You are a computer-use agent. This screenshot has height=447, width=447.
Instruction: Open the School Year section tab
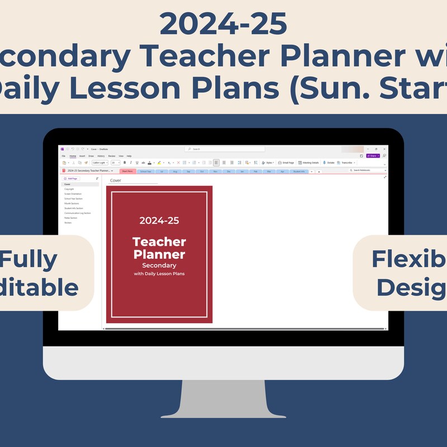pyautogui.click(x=146, y=171)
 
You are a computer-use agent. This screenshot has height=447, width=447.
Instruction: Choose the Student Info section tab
pyautogui.click(x=299, y=171)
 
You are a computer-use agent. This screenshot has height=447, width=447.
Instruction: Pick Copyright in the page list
pyautogui.click(x=69, y=189)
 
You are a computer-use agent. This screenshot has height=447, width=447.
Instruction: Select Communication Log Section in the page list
pyautogui.click(x=77, y=213)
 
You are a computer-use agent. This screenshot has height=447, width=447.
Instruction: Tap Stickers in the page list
pyautogui.click(x=68, y=222)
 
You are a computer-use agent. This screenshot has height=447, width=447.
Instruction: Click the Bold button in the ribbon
pyautogui.click(x=124, y=163)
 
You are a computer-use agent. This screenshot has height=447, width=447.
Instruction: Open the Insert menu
pyautogui.click(x=82, y=156)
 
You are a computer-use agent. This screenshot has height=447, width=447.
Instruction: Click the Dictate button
pyautogui.click(x=329, y=163)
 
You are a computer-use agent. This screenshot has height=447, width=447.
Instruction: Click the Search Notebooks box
pyautogui.click(x=366, y=170)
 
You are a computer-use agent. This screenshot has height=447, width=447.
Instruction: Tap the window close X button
pyautogui.click(x=383, y=149)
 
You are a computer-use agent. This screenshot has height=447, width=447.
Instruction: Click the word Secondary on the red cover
pyautogui.click(x=159, y=265)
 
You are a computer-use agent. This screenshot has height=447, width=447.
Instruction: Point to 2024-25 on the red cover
pyautogui.click(x=159, y=220)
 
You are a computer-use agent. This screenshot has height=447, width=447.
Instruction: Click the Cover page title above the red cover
pyautogui.click(x=116, y=180)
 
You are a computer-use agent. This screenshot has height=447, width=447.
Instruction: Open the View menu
pyautogui.click(x=121, y=156)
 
